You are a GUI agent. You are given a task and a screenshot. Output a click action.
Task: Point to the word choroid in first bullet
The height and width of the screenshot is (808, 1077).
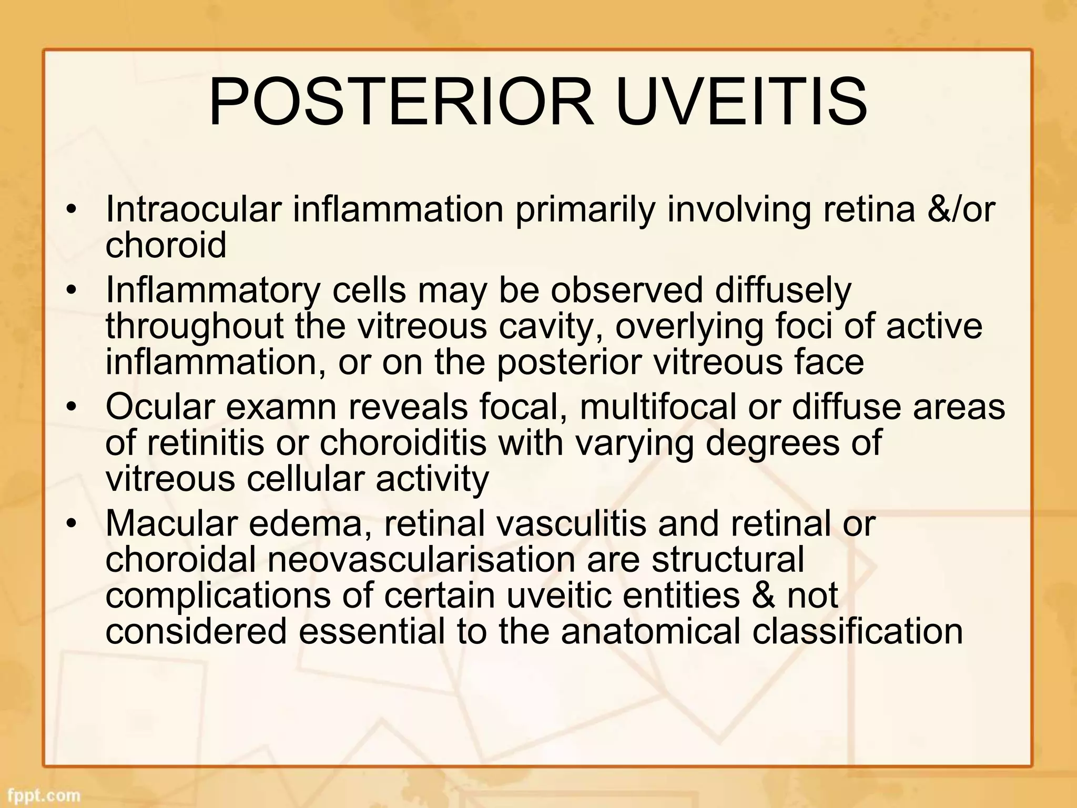point(166,245)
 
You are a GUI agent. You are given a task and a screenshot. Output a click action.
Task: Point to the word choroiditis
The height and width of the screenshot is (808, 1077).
point(402,443)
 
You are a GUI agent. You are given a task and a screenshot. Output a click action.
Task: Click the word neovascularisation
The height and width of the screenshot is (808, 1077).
point(421,560)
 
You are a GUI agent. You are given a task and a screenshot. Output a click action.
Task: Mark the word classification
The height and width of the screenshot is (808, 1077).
point(857,631)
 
